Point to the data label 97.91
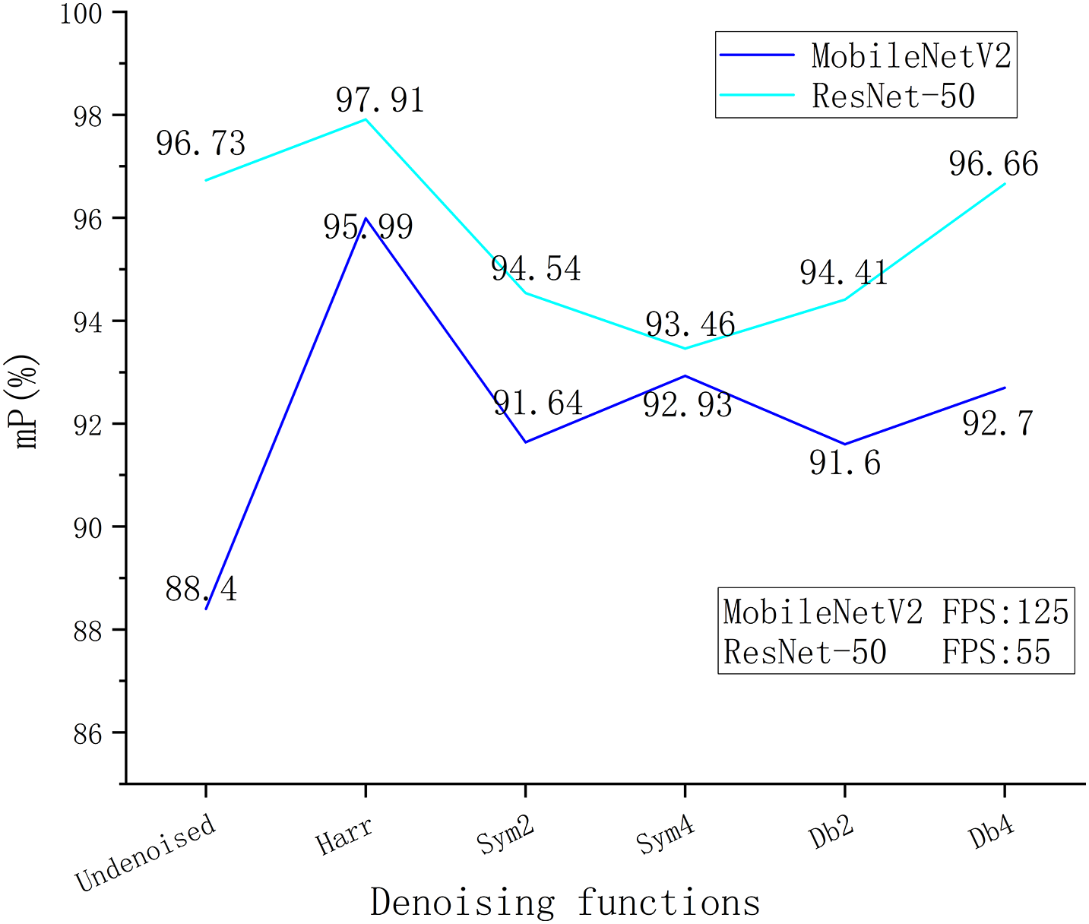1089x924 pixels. click(380, 100)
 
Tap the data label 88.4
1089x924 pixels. click(201, 589)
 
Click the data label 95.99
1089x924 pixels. click(369, 226)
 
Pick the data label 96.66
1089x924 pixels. click(993, 164)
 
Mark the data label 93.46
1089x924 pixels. click(690, 325)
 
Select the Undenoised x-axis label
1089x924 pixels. click(146, 853)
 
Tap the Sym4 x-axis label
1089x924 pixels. click(666, 837)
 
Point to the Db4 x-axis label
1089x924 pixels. click(992, 834)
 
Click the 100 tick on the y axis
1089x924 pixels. click(83, 14)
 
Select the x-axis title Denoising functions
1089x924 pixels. click(565, 902)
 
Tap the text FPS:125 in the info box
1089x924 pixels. click(1005, 612)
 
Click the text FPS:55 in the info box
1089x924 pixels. click(996, 652)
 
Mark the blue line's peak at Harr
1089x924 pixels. click(366, 218)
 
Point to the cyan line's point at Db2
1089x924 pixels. click(844, 299)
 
